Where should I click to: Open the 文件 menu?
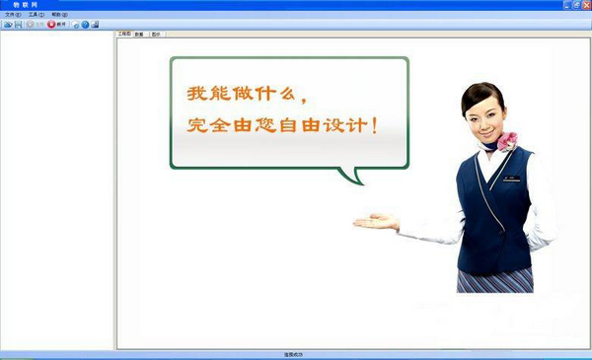[12, 15]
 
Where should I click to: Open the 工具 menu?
[37, 15]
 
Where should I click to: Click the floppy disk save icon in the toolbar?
[18, 24]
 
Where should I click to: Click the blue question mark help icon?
[85, 24]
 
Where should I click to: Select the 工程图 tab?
[124, 34]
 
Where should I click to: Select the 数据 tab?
[139, 34]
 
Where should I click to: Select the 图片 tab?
[156, 34]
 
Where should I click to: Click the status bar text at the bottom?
[295, 354]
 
